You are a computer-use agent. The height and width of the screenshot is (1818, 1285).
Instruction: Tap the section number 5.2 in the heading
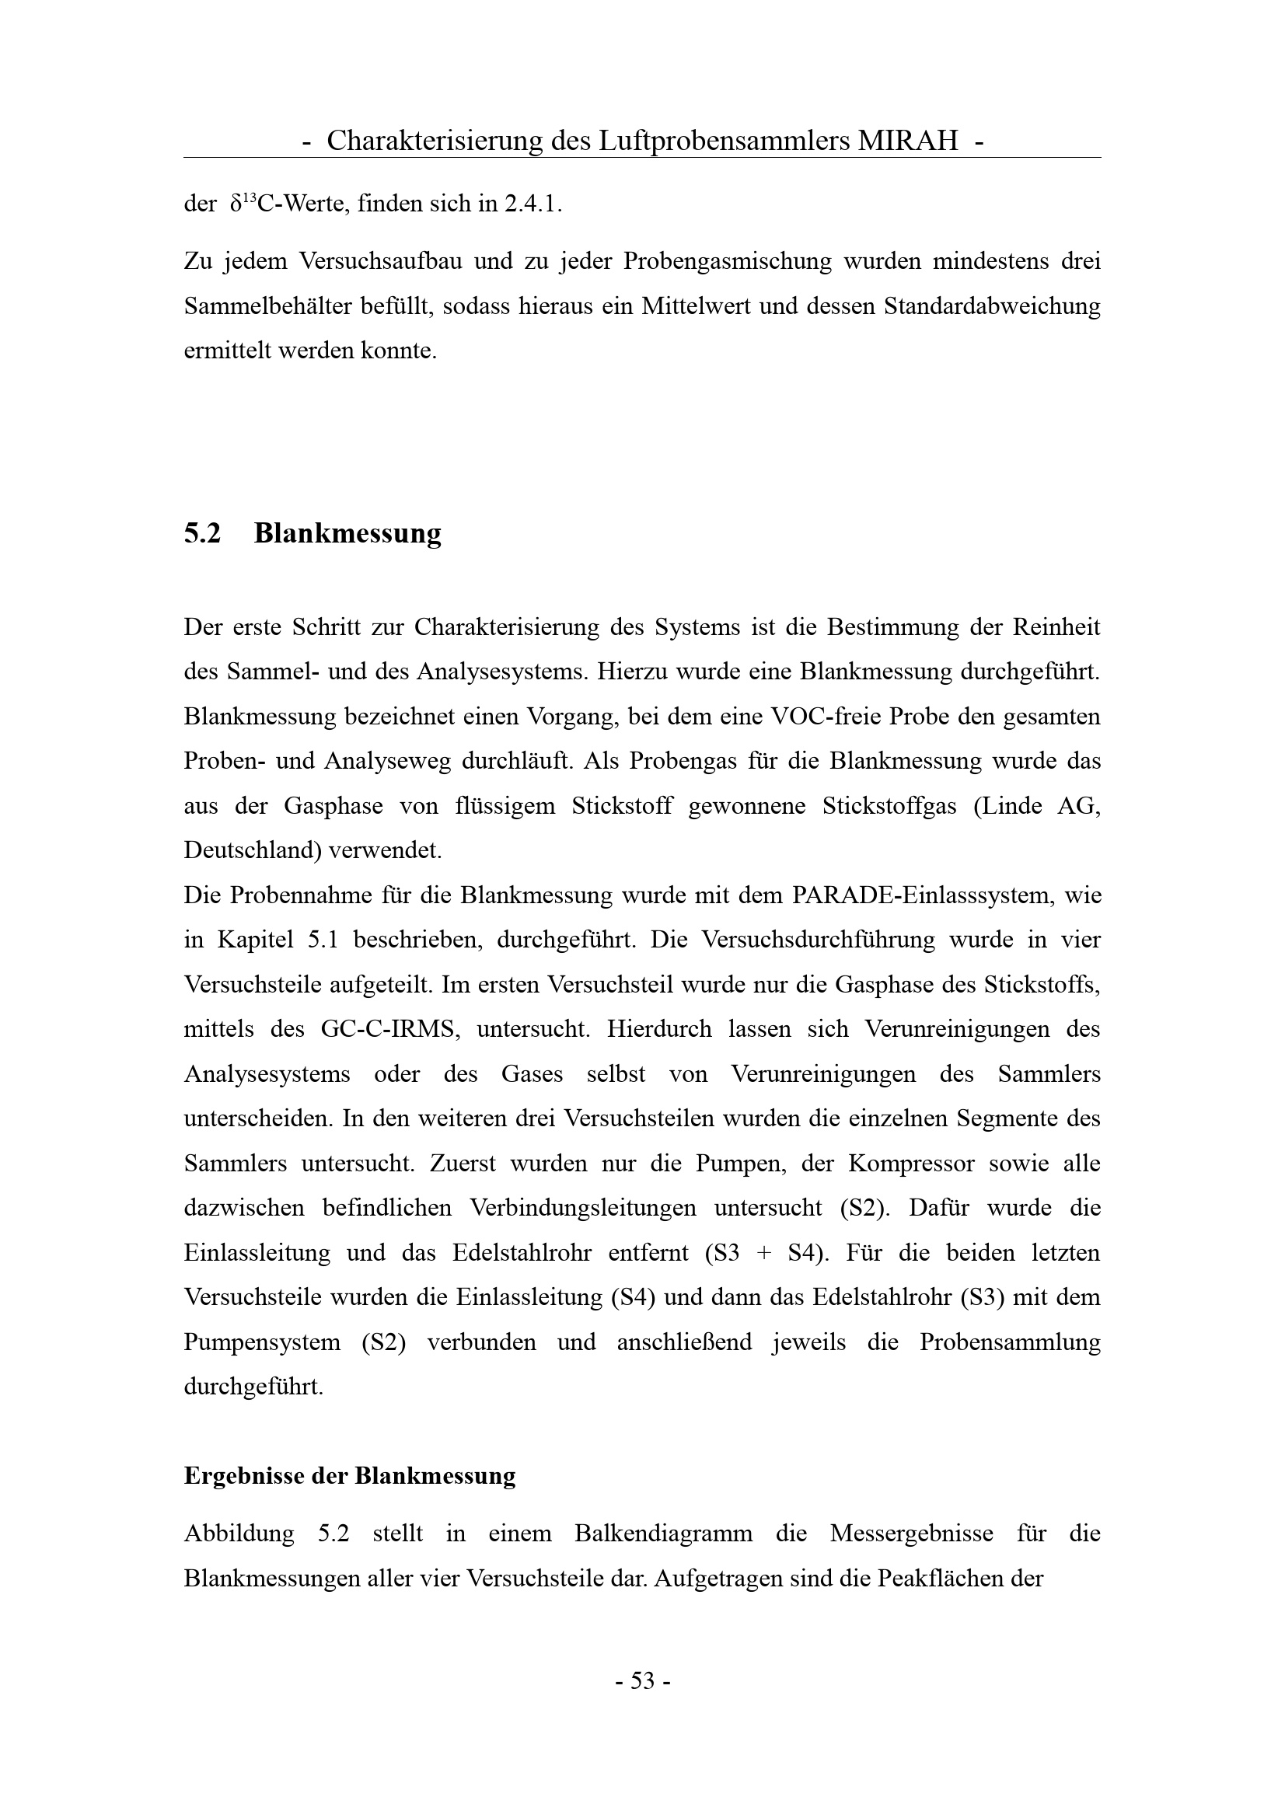(x=202, y=534)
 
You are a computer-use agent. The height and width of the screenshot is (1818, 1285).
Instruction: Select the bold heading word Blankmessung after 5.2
(x=347, y=534)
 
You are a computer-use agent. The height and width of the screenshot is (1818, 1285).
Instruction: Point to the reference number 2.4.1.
(x=533, y=204)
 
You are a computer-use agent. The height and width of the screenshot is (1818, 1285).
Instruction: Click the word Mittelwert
(x=694, y=305)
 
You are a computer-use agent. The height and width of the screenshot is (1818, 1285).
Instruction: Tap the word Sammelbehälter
(x=267, y=305)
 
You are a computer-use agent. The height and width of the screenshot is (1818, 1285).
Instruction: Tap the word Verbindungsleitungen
(x=583, y=1209)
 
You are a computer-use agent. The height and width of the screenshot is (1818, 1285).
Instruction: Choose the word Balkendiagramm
(x=663, y=1534)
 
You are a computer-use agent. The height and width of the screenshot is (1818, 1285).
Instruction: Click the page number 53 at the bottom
(x=642, y=1680)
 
